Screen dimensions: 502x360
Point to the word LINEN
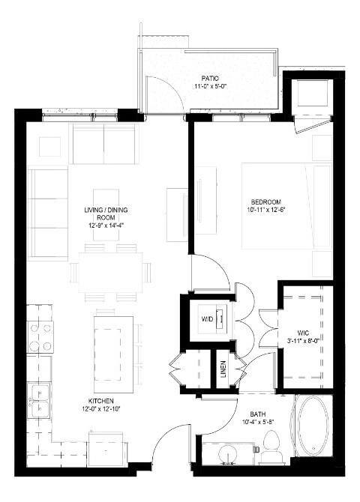223,369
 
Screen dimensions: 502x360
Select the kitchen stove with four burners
41,336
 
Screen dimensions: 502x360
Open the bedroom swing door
210,271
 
